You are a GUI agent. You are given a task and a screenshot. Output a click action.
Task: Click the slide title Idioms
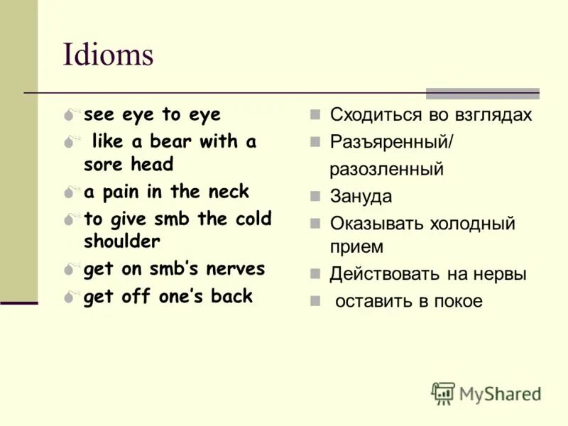coord(108,55)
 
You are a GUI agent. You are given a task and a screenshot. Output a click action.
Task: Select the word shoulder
coord(122,241)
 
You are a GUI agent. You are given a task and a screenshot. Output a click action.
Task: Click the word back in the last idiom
coord(231,296)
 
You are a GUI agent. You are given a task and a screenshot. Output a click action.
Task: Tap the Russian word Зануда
coord(361,197)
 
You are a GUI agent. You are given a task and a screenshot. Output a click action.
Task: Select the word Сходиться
coord(373,115)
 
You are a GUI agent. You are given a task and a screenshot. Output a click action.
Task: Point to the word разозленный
coord(386,170)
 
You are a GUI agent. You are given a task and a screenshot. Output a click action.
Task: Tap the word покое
coord(457,301)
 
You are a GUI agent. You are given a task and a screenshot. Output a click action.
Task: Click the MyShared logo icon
coord(443,393)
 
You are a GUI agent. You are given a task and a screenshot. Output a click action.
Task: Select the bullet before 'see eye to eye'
coord(69,115)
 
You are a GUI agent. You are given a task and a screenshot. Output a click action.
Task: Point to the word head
coord(152,165)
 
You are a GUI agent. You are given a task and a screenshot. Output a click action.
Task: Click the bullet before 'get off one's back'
coord(69,297)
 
